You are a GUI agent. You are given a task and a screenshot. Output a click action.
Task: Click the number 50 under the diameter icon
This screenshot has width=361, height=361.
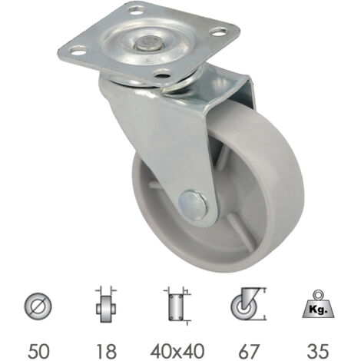(x=38, y=351)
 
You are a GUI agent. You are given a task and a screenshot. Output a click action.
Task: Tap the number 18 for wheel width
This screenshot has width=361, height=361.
(x=106, y=351)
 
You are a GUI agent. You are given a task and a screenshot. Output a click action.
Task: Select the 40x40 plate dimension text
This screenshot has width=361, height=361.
(x=177, y=351)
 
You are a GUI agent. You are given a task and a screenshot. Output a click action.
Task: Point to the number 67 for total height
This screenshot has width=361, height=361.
(x=249, y=351)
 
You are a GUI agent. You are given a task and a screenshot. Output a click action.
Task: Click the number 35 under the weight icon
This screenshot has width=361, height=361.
(x=318, y=351)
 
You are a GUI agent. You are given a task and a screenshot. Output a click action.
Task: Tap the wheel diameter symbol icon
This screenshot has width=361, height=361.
(x=38, y=306)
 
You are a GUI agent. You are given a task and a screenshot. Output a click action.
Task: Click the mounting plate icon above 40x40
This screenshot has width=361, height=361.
(x=177, y=306)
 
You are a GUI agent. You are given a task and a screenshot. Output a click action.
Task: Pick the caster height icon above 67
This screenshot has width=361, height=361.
(x=248, y=304)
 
